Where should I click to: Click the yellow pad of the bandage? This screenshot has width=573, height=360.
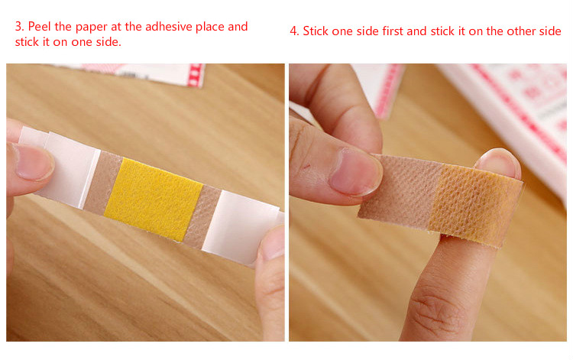pos(154,199)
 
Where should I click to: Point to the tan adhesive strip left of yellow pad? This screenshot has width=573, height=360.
pos(103,183)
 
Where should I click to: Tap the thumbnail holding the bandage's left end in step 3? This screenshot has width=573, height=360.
pos(34,162)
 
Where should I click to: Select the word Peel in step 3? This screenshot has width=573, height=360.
pos(40,27)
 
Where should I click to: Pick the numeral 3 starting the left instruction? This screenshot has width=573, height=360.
pos(19,27)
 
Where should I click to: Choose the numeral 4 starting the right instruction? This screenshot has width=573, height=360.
pos(294,31)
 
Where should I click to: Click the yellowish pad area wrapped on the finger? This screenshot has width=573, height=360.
pos(475,205)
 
